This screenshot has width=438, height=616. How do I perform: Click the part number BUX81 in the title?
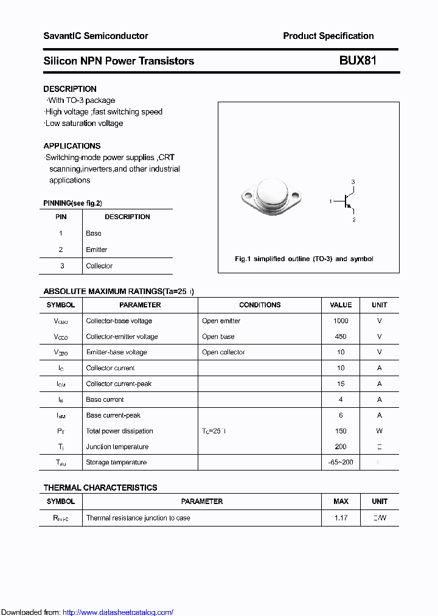[358, 61]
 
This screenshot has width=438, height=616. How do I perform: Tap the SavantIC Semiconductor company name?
[96, 36]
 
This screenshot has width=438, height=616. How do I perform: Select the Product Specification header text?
[328, 36]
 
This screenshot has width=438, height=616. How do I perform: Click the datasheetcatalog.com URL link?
[118, 612]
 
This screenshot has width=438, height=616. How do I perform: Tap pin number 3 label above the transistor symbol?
[353, 182]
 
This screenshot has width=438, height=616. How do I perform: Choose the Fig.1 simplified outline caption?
[304, 259]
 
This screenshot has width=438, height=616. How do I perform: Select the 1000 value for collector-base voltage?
[341, 321]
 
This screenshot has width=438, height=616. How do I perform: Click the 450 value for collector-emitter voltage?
[341, 337]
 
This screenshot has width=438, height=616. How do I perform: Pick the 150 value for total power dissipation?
[341, 431]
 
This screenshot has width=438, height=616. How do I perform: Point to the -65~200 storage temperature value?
[341, 463]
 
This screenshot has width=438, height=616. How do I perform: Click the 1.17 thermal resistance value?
[341, 518]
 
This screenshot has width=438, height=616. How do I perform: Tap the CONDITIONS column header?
[260, 305]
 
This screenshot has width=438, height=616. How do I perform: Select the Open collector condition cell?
[223, 352]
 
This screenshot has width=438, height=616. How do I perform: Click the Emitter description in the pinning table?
[96, 250]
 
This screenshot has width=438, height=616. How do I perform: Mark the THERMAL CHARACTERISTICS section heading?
[100, 488]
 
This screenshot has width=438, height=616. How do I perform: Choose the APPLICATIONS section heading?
[72, 146]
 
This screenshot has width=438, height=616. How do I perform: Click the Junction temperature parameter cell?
[117, 447]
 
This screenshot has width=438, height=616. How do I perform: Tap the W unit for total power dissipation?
[380, 431]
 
